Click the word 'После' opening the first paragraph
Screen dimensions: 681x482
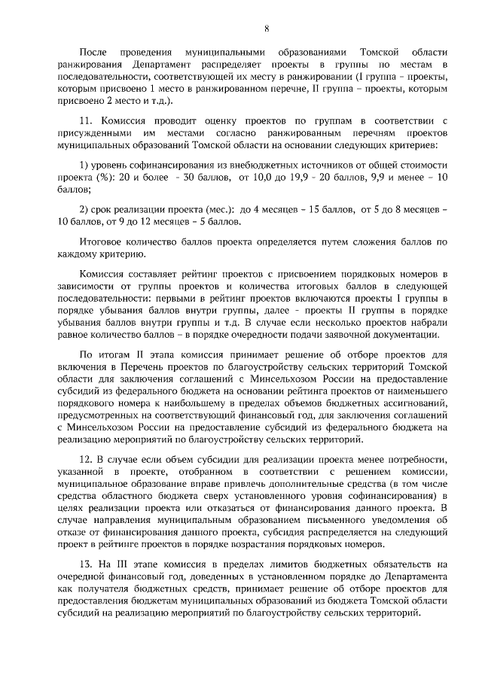93,53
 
